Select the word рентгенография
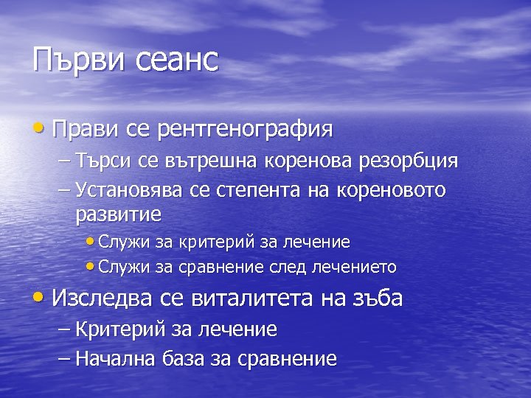pyautogui.click(x=245, y=130)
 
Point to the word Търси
pyautogui.click(x=103, y=161)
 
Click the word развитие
pyautogui.click(x=118, y=215)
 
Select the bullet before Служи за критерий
pyautogui.click(x=90, y=242)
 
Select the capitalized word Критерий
pyautogui.click(x=117, y=329)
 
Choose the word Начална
pyautogui.click(x=114, y=359)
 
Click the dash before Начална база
pyautogui.click(x=63, y=359)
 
